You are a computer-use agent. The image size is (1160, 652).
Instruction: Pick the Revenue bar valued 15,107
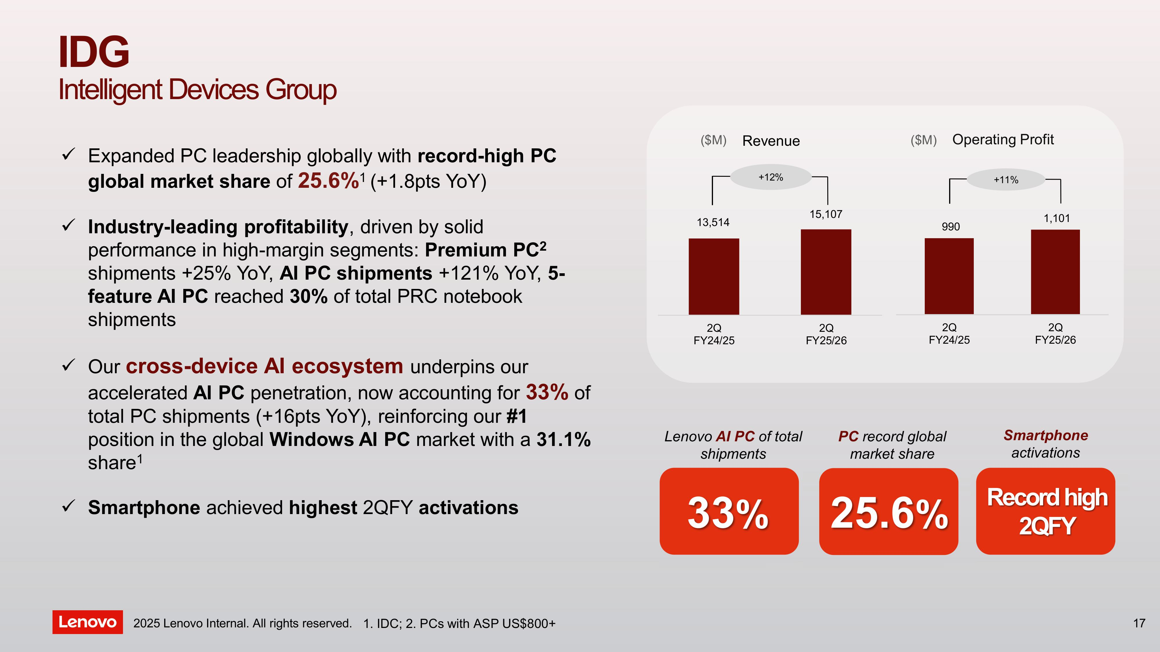826,272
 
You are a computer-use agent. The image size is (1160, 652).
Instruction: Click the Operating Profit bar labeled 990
949,276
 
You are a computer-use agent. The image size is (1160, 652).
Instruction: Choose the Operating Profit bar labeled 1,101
1055,272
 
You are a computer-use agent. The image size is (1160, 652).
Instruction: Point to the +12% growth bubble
770,177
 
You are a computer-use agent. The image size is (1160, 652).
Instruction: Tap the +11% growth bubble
1006,180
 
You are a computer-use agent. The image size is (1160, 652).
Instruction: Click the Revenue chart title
771,141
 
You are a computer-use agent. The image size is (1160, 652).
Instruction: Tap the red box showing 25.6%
888,512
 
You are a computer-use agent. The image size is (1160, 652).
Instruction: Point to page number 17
1139,623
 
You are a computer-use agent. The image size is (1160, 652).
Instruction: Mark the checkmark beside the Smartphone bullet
68,506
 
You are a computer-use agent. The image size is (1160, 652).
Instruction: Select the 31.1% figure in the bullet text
563,440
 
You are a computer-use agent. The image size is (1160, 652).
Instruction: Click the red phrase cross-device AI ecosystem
264,366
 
